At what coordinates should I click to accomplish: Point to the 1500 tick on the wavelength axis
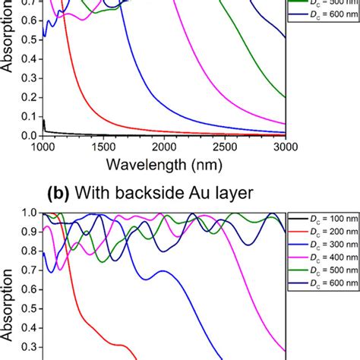coord(103,147)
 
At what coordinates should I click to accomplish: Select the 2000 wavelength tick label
coord(163,147)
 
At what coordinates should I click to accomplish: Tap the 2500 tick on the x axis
coord(224,147)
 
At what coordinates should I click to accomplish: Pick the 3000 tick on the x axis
coord(284,147)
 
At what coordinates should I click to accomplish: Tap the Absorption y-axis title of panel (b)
coord(8,304)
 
